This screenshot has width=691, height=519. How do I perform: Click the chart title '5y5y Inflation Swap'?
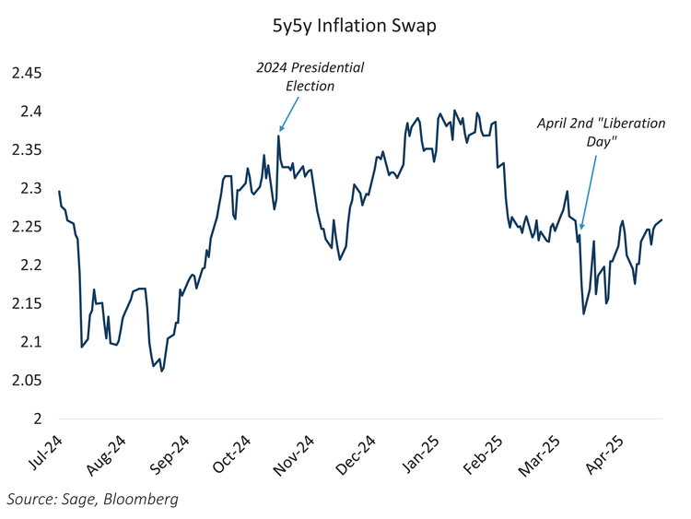[346, 26]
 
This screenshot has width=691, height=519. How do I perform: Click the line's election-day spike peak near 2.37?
[278, 136]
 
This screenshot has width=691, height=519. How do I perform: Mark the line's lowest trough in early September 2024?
[162, 372]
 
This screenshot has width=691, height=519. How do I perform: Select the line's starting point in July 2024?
[59, 191]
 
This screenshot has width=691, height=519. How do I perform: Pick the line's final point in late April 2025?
[662, 219]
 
